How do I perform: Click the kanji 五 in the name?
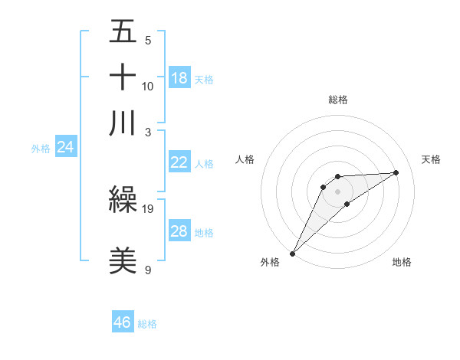123,32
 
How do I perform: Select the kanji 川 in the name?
123,123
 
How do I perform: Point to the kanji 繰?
123,201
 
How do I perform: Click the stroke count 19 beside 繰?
149,208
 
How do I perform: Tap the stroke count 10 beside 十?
148,86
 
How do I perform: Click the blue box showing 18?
179,77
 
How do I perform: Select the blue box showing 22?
179,162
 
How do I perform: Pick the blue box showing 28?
179,231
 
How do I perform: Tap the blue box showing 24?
65,147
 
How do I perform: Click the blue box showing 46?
123,322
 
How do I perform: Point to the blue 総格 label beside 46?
147,324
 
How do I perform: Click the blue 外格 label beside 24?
40,149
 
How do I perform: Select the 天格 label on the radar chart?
431,159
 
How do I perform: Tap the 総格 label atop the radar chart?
338,100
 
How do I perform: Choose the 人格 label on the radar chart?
245,159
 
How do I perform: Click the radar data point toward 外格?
292,253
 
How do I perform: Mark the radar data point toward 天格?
396,172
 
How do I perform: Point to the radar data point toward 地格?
347,204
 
